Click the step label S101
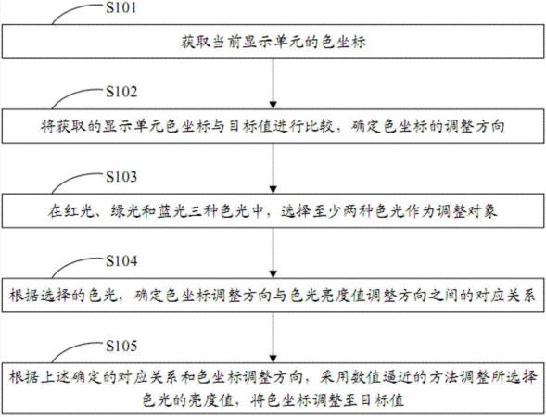(121, 8)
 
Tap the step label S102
(121, 92)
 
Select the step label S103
(121, 177)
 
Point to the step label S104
(121, 261)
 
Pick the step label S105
(121, 346)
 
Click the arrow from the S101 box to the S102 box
(273, 83)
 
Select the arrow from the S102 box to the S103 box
(273, 168)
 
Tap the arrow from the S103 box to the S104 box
(273, 253)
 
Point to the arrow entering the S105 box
(273, 337)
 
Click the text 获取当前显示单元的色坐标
(273, 42)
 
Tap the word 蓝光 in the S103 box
(172, 211)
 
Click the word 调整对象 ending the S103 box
(467, 211)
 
